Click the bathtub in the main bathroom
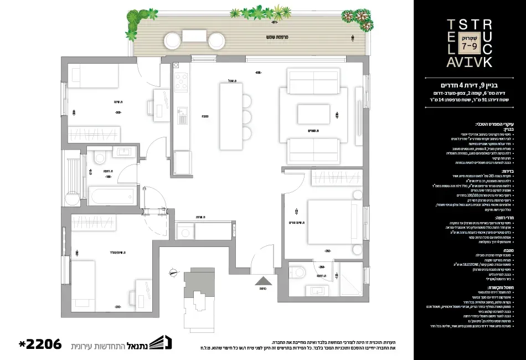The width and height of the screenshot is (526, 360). (112, 196)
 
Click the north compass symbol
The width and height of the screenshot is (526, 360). (174, 272)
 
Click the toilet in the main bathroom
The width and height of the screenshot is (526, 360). (100, 159)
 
